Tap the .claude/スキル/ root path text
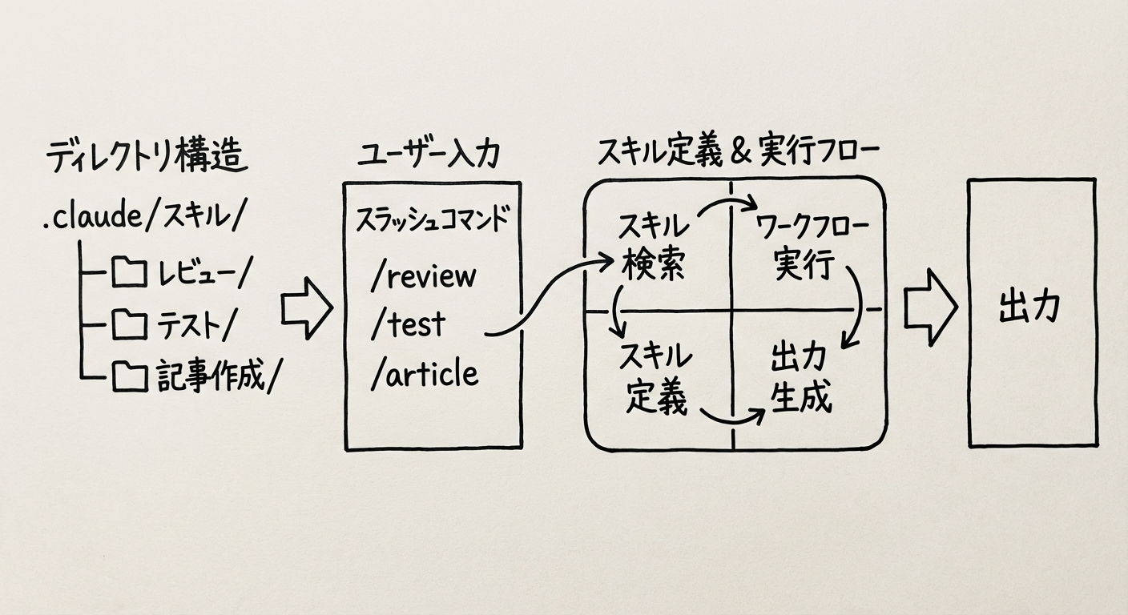click(x=145, y=217)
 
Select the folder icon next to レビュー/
click(x=129, y=274)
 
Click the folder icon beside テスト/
click(x=129, y=324)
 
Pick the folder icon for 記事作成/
click(x=129, y=375)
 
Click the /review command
click(x=424, y=275)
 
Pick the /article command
click(x=425, y=374)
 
